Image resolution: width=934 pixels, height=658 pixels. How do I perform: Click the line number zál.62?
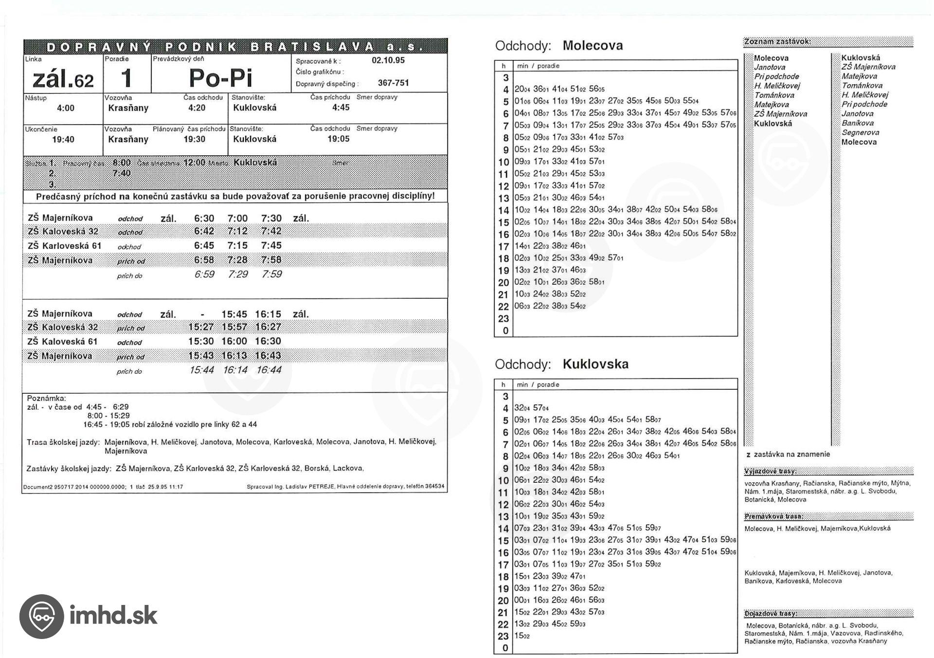pyautogui.click(x=63, y=79)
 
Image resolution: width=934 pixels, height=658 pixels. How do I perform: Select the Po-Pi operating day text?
pyautogui.click(x=220, y=78)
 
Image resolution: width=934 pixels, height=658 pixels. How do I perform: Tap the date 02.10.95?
pyautogui.click(x=388, y=60)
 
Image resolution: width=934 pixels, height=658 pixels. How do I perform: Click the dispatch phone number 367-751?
pyautogui.click(x=393, y=83)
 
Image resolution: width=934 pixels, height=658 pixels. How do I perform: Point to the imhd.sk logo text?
pyautogui.click(x=113, y=616)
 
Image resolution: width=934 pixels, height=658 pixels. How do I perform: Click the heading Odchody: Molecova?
pyautogui.click(x=558, y=46)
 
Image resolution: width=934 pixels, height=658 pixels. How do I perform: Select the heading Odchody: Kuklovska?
pyautogui.click(x=561, y=364)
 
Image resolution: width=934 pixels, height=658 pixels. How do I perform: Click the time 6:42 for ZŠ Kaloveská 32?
pyautogui.click(x=204, y=231)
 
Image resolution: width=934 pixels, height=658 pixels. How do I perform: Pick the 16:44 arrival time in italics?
pyautogui.click(x=269, y=370)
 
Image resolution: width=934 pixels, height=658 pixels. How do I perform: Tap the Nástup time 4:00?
pyautogui.click(x=65, y=108)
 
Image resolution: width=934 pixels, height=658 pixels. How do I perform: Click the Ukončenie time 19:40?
pyautogui.click(x=63, y=140)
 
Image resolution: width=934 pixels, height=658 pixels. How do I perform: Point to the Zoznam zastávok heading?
pyautogui.click(x=777, y=42)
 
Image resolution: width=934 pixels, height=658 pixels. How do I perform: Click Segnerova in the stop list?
pyautogui.click(x=860, y=132)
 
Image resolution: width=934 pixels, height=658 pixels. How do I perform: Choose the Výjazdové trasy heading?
pyautogui.click(x=770, y=471)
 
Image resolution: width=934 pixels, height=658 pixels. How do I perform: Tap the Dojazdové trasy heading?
pyautogui.click(x=771, y=614)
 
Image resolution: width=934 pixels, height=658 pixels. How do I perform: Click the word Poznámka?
pyautogui.click(x=46, y=398)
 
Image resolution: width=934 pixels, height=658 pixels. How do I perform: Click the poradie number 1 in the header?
pyautogui.click(x=126, y=78)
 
